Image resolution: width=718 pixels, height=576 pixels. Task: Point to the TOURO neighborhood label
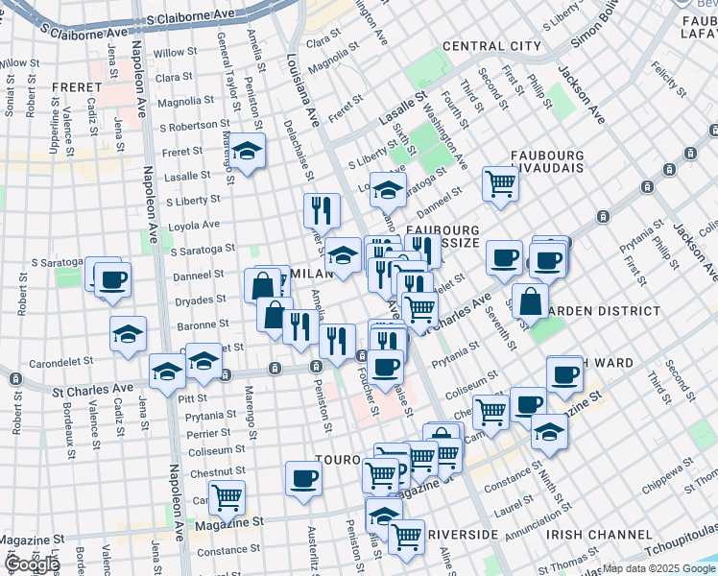pos(340,460)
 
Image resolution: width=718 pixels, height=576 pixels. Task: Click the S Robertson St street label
pos(190,126)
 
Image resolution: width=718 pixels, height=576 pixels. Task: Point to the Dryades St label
pos(202,300)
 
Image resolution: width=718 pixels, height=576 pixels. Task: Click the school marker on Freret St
pos(247,152)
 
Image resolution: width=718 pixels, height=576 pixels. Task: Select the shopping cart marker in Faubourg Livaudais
pos(500,183)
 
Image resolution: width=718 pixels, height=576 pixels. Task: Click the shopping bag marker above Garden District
pos(530,300)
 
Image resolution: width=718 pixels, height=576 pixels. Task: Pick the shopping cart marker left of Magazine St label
pos(227,497)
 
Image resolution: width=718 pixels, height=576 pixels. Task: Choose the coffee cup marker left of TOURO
pos(303,478)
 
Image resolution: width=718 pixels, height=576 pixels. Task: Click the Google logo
pos(31,564)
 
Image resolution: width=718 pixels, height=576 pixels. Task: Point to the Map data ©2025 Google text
pos(659,568)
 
